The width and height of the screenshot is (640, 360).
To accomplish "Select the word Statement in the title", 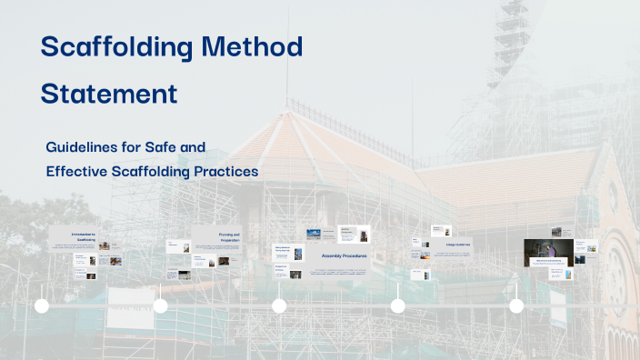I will [x=109, y=94].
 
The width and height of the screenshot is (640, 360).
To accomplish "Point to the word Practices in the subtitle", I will [x=228, y=170].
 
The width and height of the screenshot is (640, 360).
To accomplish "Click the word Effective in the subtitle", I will [x=76, y=170].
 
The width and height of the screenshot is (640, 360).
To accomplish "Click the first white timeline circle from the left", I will [x=42, y=306].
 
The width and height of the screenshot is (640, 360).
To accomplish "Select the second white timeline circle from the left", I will [x=160, y=306].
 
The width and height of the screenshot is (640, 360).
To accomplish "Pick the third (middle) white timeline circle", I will [x=279, y=306].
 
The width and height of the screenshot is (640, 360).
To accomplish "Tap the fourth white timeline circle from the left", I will [x=397, y=306].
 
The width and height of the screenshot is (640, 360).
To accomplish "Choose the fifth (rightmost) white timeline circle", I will [x=516, y=306].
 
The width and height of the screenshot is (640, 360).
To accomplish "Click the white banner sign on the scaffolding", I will [x=131, y=309].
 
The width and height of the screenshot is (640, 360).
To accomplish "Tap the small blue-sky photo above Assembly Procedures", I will [x=314, y=234].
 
